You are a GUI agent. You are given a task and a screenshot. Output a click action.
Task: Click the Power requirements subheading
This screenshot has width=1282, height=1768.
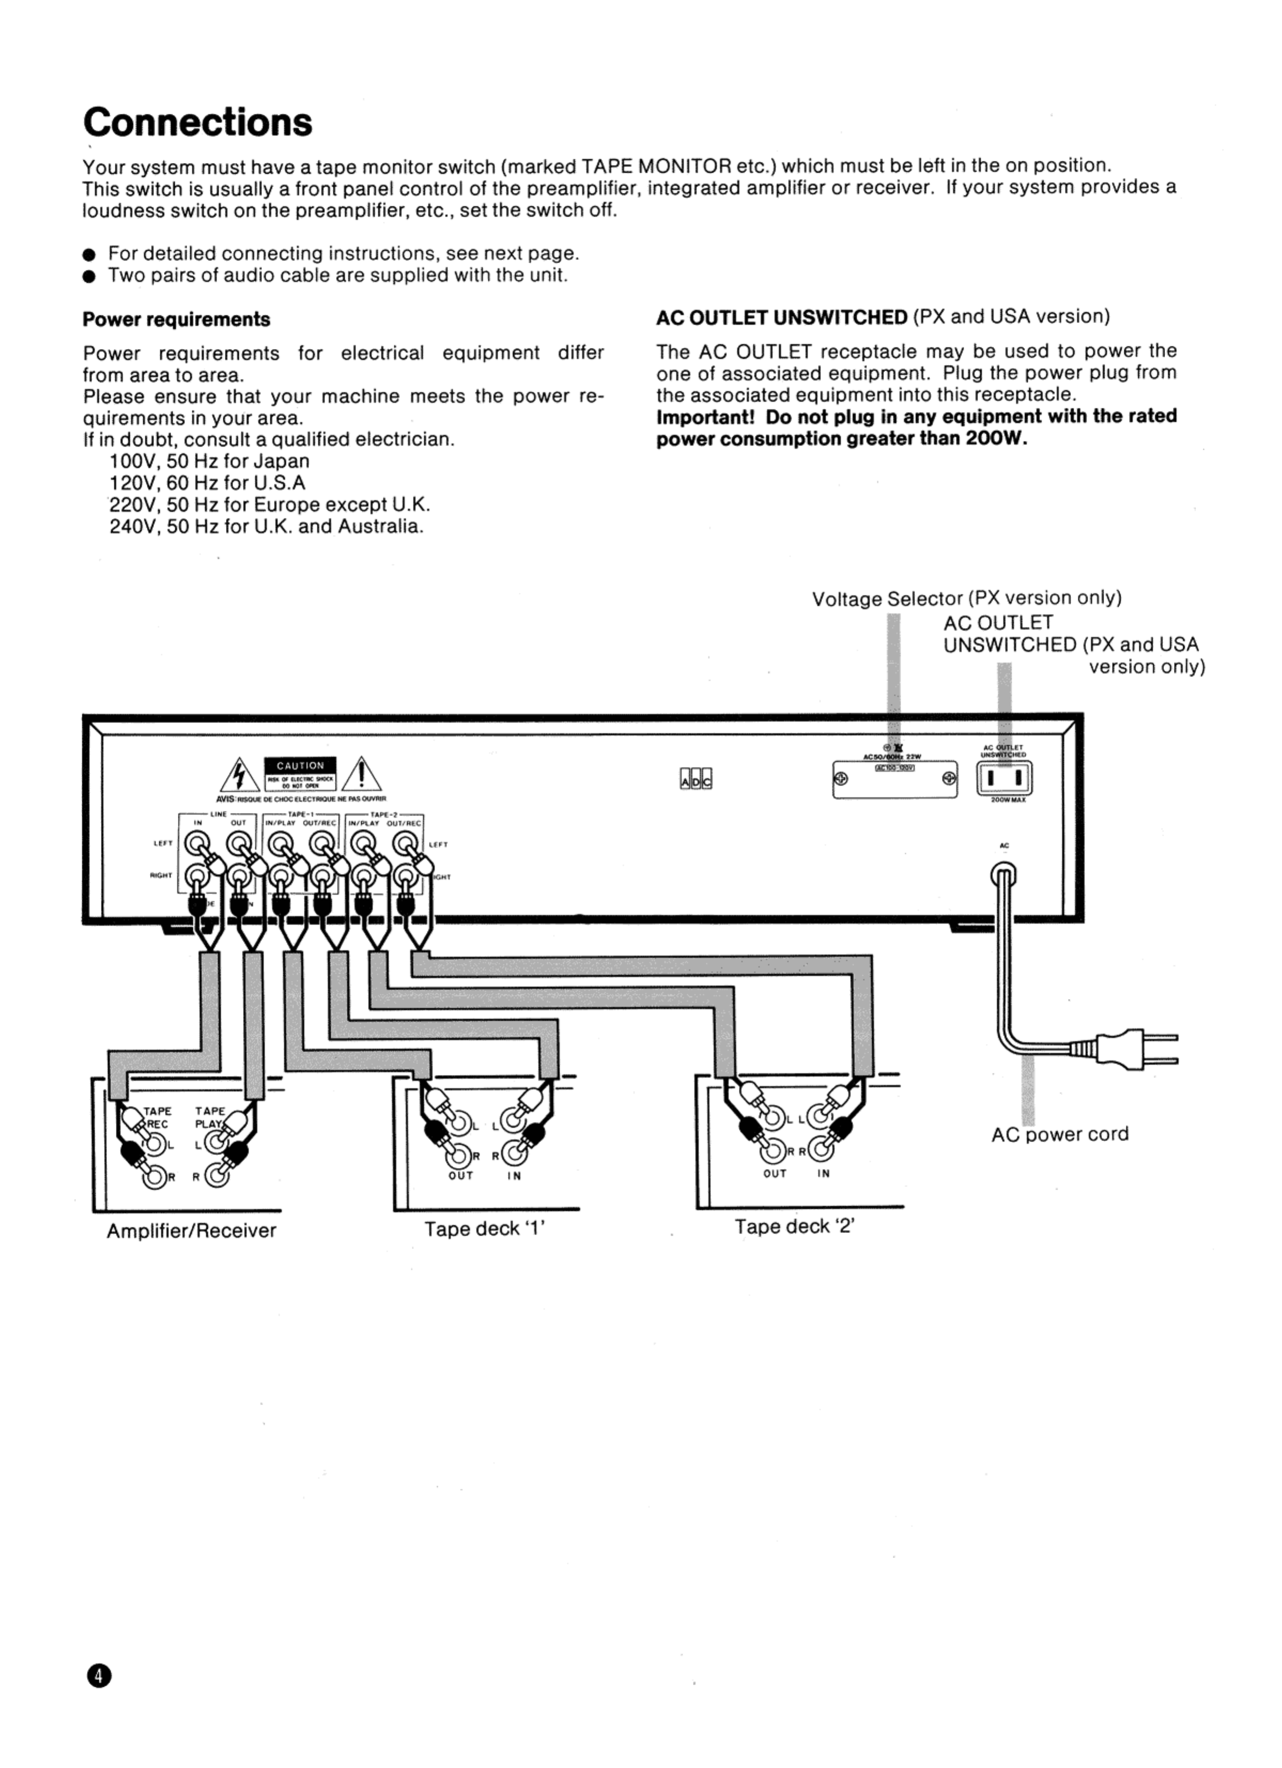tap(176, 320)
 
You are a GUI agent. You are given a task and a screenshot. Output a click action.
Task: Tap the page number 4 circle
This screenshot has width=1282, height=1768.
tap(100, 1674)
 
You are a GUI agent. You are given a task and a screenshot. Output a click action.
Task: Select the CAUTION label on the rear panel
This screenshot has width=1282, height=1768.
tap(300, 765)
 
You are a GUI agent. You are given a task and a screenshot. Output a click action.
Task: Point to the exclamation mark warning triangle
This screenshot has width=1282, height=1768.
tap(361, 776)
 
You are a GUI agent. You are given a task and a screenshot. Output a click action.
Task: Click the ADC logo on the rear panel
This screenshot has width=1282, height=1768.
tap(696, 778)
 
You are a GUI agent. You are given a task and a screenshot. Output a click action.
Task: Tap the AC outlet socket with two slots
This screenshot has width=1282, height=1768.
tap(1005, 778)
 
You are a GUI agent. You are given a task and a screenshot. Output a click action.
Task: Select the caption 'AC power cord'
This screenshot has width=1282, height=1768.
tap(1059, 1134)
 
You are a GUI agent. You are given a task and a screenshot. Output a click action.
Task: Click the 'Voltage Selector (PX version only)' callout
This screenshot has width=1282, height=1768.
tap(966, 598)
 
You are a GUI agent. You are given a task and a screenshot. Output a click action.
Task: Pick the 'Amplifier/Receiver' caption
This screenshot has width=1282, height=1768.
tap(191, 1230)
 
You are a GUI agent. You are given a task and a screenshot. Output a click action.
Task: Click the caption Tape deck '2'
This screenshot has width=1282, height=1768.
tap(794, 1226)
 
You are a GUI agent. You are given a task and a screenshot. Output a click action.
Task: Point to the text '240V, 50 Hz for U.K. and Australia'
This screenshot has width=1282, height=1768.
tap(267, 526)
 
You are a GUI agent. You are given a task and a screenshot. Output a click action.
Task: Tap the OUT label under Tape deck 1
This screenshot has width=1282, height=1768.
tap(460, 1175)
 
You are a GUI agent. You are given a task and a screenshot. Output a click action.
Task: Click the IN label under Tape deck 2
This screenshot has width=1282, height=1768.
tap(824, 1173)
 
